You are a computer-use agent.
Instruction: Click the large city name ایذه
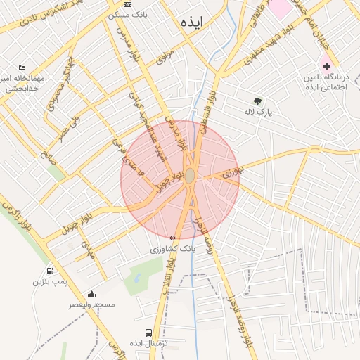pos(191,22)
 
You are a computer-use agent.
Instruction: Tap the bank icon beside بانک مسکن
pos(127,4)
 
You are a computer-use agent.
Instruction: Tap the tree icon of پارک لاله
pos(257,101)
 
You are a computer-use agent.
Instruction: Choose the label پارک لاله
pos(258,112)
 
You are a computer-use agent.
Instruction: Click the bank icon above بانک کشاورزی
pos(173,238)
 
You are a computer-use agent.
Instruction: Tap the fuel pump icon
pos(50,271)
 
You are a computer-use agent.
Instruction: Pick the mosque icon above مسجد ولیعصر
pos(91,294)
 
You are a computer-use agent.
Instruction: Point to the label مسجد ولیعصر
pos(91,304)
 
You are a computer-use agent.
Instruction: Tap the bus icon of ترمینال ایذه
pos(148,332)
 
